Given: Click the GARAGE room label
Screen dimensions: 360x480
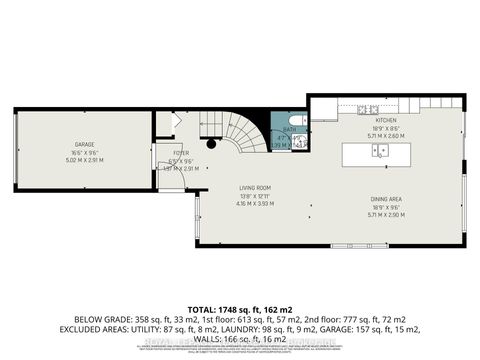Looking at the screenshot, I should (83, 144).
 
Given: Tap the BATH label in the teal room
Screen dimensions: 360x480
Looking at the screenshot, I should (288, 129).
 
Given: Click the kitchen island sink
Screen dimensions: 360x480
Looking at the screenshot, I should (381, 152).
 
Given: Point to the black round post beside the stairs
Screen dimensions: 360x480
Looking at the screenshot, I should (212, 144).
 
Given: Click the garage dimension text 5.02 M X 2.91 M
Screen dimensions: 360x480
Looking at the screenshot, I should (83, 159).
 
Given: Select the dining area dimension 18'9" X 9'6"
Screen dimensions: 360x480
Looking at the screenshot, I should (385, 207).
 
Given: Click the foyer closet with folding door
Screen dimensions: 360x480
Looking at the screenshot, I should (166, 123).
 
